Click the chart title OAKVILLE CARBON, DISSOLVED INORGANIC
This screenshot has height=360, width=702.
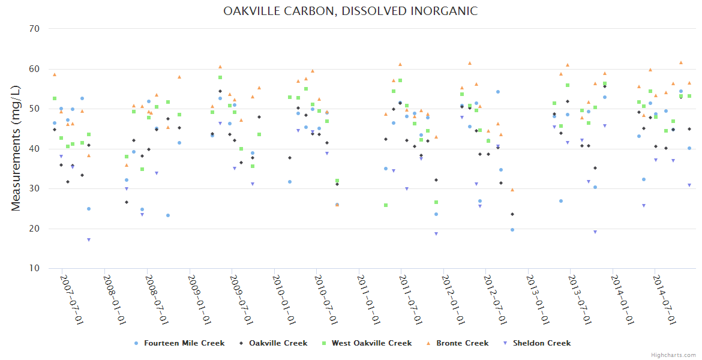click(350, 11)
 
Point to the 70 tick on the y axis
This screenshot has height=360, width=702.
click(34, 29)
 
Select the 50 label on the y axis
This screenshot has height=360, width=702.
click(34, 109)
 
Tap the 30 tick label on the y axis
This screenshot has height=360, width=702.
click(34, 188)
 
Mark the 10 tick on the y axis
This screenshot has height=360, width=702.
click(34, 268)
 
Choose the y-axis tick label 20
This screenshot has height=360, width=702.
click(34, 229)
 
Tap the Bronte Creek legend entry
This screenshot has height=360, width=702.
click(462, 343)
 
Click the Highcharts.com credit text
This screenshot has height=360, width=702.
click(673, 355)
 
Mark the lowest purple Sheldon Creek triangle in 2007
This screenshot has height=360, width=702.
click(89, 240)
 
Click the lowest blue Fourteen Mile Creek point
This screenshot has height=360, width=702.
click(512, 230)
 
